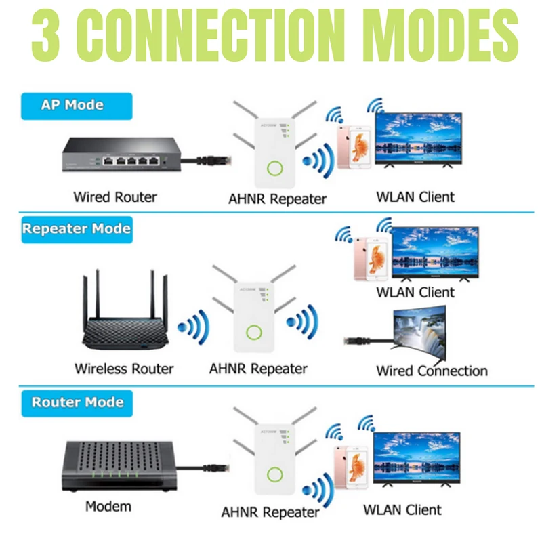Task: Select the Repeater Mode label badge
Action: [76, 229]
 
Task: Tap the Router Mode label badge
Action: [77, 402]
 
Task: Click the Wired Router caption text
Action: [114, 197]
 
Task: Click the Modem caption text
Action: [108, 506]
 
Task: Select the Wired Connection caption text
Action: [432, 371]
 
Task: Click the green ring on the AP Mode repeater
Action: [274, 168]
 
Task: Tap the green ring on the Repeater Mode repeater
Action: [255, 333]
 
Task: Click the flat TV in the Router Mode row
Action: [417, 457]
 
